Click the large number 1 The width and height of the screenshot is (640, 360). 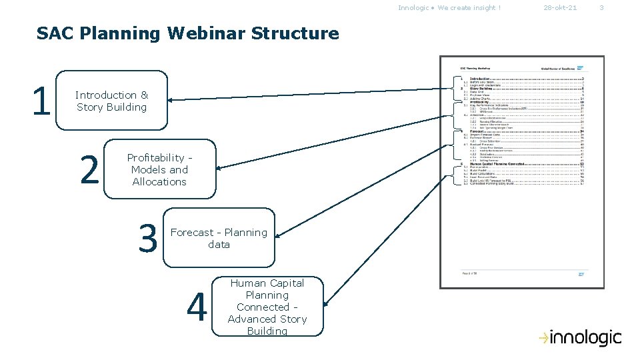coord(41,101)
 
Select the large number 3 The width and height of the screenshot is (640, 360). coord(147,239)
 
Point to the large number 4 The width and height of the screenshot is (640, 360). coord(196,307)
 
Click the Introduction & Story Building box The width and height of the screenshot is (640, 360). coord(111,101)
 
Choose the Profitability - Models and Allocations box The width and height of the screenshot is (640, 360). coord(159,169)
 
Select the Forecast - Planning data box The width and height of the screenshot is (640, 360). coord(219,238)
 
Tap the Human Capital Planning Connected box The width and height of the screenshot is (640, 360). coord(267,307)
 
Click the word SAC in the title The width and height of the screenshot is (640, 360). coord(54,33)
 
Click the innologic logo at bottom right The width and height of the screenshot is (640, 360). coord(580,338)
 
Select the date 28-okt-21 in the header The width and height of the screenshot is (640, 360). coord(560,8)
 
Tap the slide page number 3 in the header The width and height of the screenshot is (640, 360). coord(601,8)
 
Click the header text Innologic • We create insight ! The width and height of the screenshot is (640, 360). coord(449,8)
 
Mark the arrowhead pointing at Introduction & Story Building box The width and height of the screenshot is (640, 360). coord(171,100)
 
